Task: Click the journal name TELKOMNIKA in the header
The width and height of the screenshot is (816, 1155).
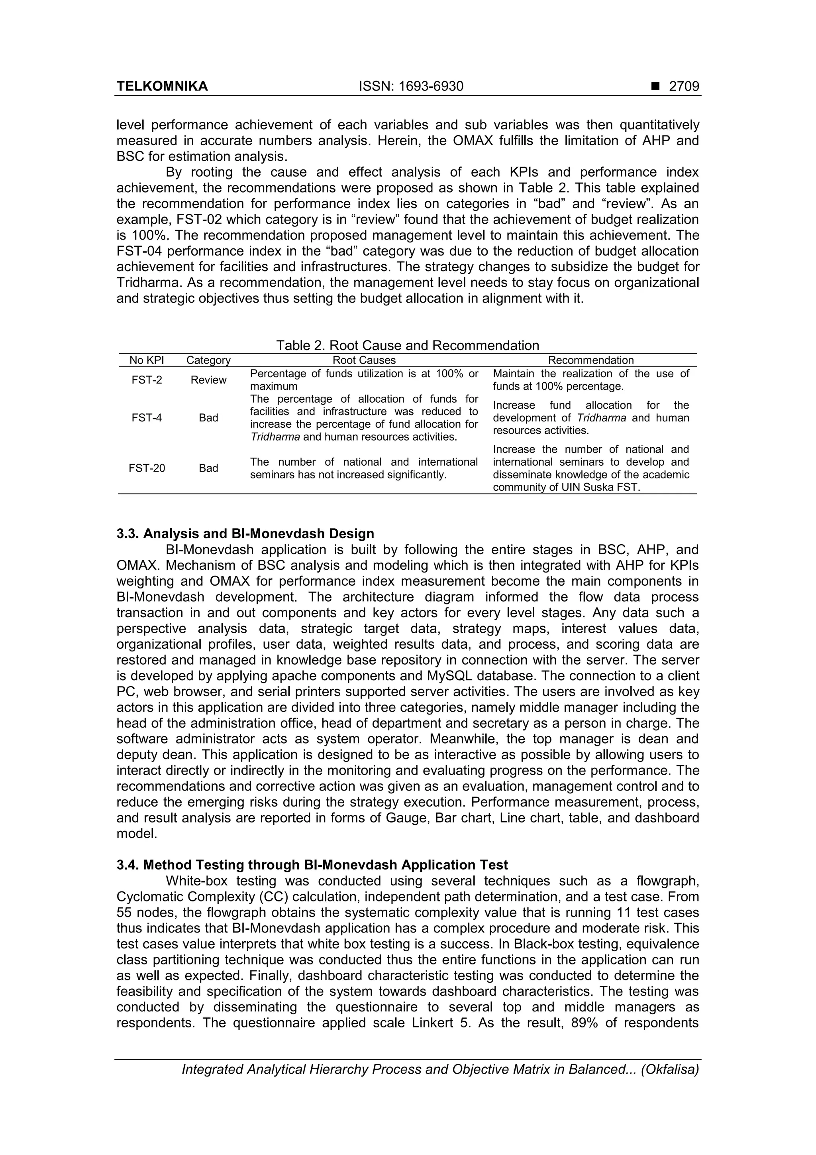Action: click(162, 87)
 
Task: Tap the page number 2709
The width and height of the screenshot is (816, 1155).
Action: click(684, 87)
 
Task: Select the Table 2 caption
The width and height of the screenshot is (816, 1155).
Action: click(407, 346)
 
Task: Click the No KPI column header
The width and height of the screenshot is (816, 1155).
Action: click(147, 360)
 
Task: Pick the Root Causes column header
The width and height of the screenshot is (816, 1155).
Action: click(364, 360)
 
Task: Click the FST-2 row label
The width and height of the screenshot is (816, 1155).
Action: click(147, 380)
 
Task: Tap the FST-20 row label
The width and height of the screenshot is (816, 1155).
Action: click(147, 468)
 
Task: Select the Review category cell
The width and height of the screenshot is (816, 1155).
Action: click(208, 380)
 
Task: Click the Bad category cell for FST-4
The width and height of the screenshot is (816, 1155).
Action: click(208, 418)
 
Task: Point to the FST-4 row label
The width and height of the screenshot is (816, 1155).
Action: click(147, 418)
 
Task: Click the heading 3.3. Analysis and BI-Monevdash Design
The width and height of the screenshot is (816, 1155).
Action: click(245, 534)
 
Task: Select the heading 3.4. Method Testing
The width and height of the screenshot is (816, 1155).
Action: click(312, 865)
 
